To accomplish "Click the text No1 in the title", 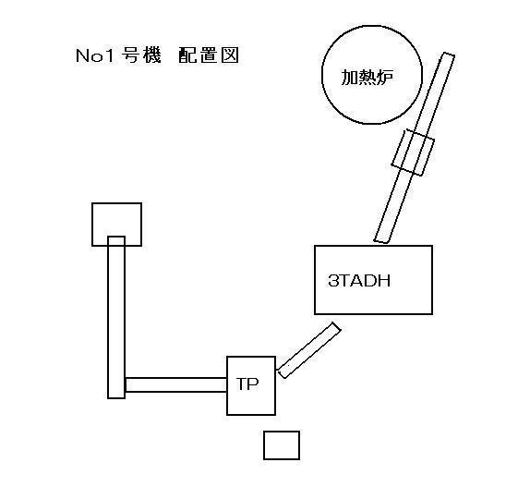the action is (x=95, y=55).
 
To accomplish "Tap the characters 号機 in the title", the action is (x=141, y=55).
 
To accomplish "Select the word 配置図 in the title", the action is (x=209, y=55).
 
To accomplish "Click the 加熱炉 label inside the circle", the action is (x=367, y=78).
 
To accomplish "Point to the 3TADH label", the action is (x=359, y=281).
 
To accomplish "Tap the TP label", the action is (x=247, y=384).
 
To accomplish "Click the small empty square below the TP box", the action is (x=282, y=445).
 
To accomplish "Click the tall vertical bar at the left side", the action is (x=116, y=317).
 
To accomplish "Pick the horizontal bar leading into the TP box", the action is (x=175, y=384).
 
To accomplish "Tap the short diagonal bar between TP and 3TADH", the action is (x=309, y=350).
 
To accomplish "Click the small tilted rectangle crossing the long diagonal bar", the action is (x=413, y=152).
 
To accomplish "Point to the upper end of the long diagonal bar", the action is (x=449, y=55).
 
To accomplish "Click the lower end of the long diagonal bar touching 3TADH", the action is (x=381, y=240).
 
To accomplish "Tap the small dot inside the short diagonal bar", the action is (x=288, y=366).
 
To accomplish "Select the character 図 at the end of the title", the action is (x=230, y=55).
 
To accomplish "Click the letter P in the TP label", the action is (x=254, y=384).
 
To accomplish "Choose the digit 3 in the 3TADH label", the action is (x=332, y=281).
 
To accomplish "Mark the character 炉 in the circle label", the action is (x=385, y=78).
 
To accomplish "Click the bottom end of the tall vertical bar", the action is (x=116, y=398).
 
